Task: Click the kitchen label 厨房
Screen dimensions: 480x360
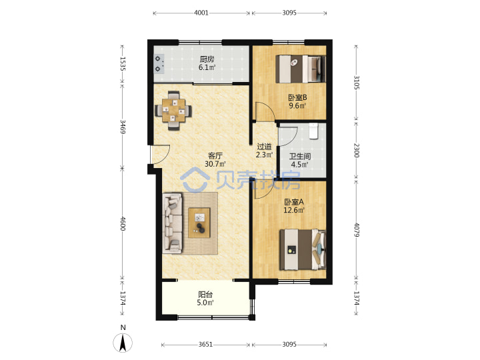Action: [x=207, y=59]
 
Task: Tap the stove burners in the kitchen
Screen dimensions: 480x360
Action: [x=159, y=64]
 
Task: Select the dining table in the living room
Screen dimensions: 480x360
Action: [x=173, y=110]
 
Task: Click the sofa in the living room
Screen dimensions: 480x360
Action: [x=173, y=223]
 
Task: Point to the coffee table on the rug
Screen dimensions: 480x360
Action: [x=199, y=223]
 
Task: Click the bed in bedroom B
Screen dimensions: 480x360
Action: [x=300, y=69]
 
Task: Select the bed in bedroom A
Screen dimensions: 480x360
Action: [x=303, y=250]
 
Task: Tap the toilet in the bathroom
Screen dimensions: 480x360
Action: [x=313, y=131]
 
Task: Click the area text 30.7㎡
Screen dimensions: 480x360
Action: [x=215, y=164]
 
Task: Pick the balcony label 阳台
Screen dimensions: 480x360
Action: [x=205, y=295]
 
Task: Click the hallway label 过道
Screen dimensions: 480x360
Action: [x=264, y=147]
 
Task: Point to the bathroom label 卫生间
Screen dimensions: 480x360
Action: [x=300, y=157]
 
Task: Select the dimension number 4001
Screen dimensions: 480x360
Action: [x=201, y=13]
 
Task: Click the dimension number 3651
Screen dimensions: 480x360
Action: [x=205, y=345]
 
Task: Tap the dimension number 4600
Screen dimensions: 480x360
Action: [x=123, y=224]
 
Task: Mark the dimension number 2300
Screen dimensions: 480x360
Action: [x=356, y=150]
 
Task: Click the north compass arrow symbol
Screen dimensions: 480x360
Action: [x=123, y=343]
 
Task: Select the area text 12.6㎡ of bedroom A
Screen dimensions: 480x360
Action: [x=294, y=210]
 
